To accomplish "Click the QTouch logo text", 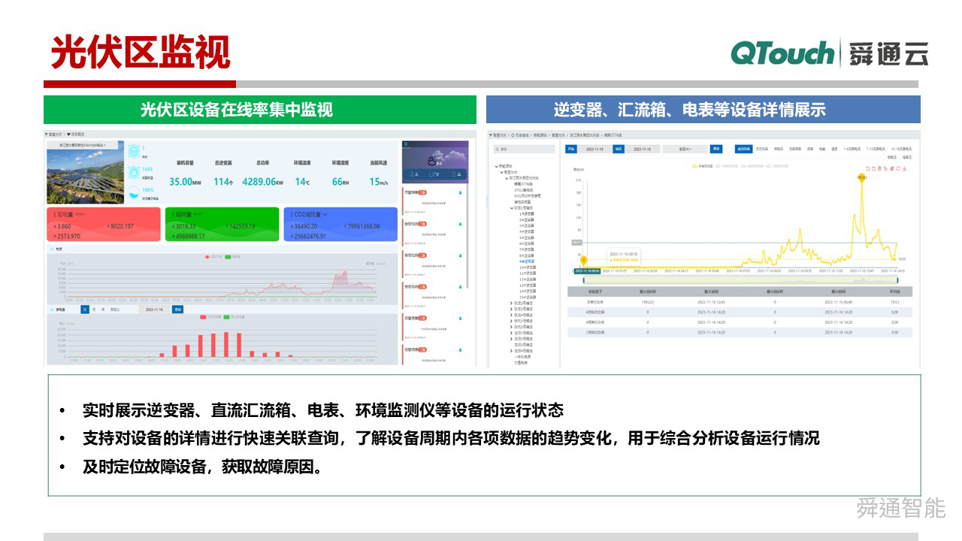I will tap(782, 53).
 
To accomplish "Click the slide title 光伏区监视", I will tap(141, 52).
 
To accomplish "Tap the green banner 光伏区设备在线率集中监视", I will tap(259, 110).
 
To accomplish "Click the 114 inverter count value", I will tap(222, 182).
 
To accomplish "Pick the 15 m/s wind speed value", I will tap(378, 182).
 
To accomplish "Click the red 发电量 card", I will tap(103, 225).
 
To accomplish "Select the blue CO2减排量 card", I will tap(340, 225).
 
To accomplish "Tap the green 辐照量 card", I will tap(221, 225).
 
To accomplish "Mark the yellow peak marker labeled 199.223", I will tap(862, 177).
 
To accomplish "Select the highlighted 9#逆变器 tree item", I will tap(527, 261).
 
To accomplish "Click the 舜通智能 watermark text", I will tap(900, 508).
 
